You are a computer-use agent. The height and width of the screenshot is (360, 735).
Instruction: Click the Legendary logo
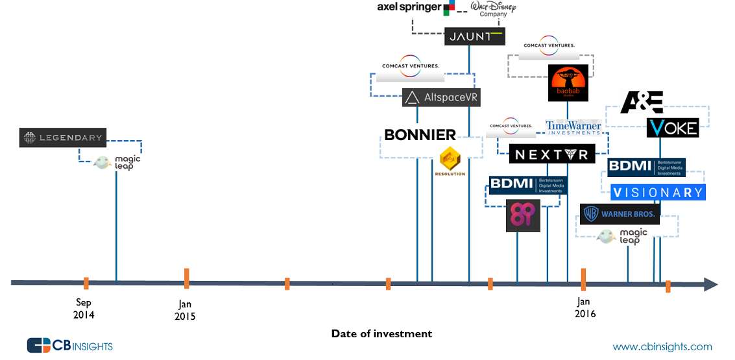pyautogui.click(x=62, y=138)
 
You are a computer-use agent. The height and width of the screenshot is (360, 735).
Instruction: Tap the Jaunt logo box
pyautogui.click(x=475, y=36)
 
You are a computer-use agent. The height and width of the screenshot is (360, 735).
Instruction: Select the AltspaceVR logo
pyautogui.click(x=441, y=98)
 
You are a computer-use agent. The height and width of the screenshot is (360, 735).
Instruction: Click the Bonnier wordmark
pyautogui.click(x=420, y=135)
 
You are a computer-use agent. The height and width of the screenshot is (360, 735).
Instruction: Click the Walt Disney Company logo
pyautogui.click(x=494, y=9)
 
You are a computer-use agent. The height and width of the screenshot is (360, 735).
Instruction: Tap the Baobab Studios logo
pyautogui.click(x=568, y=82)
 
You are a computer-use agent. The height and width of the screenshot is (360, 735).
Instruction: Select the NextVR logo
pyautogui.click(x=551, y=154)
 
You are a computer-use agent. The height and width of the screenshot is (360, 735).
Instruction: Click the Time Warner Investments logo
pyautogui.click(x=573, y=128)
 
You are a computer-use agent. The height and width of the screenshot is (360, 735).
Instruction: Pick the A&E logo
pyautogui.click(x=642, y=102)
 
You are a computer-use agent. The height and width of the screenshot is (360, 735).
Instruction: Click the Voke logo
pyautogui.click(x=673, y=127)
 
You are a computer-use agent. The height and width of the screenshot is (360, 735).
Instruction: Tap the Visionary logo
pyautogui.click(x=658, y=192)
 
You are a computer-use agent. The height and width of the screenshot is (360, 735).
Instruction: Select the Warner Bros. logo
pyautogui.click(x=620, y=214)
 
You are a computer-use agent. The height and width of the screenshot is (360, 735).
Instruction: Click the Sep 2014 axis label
pyautogui.click(x=84, y=309)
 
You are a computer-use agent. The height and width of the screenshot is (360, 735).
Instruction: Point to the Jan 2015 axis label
pyautogui.click(x=185, y=310)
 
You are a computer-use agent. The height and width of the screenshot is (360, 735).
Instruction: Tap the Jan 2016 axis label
pyautogui.click(x=584, y=307)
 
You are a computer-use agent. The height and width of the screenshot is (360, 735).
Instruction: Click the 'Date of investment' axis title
pyautogui.click(x=381, y=334)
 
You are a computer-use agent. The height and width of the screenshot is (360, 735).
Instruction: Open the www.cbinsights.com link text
pyautogui.click(x=662, y=346)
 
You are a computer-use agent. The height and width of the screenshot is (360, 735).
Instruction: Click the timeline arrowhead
pyautogui.click(x=710, y=284)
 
